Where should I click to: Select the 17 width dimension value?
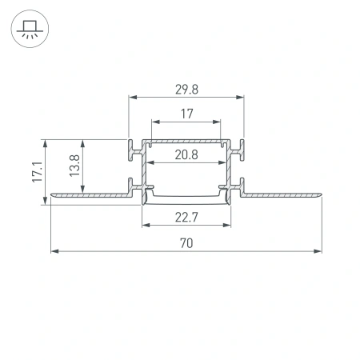click(x=186, y=114)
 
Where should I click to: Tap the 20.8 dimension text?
click(x=186, y=154)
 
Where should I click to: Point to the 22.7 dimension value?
click(x=186, y=216)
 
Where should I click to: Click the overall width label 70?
click(x=186, y=242)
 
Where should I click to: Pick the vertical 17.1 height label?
click(x=37, y=172)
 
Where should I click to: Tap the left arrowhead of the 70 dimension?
click(x=54, y=251)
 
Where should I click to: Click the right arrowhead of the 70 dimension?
click(x=318, y=251)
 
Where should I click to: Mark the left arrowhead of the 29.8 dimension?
click(x=132, y=97)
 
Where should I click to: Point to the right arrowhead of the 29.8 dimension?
click(x=241, y=97)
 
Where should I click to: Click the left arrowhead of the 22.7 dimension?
click(x=146, y=225)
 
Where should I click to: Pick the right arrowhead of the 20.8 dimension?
click(x=222, y=163)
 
